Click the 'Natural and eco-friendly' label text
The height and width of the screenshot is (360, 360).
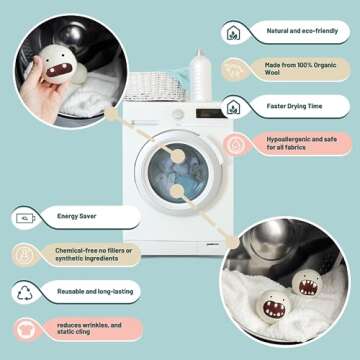292,31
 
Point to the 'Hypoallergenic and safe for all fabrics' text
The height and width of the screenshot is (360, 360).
294,145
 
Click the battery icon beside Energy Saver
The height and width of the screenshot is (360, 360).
26,216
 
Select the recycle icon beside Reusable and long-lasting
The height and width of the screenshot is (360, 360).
26,293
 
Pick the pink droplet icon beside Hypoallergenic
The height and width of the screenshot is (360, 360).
234,145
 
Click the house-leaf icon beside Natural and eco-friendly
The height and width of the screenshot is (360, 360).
234,31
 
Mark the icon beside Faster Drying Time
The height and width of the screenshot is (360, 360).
234,107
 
